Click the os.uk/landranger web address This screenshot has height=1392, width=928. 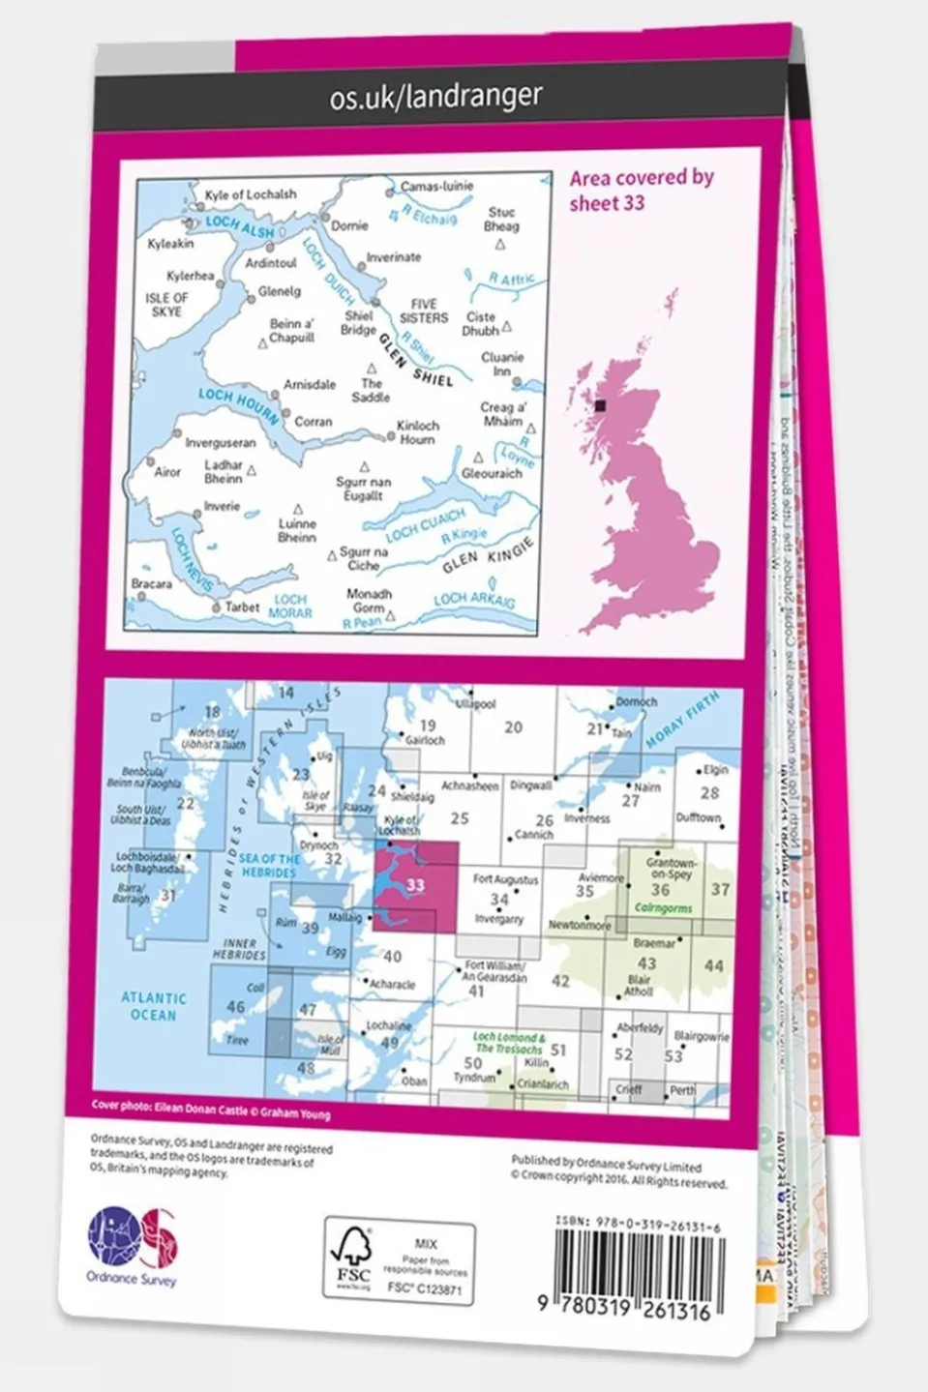[435, 97]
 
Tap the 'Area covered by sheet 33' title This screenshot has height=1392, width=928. [641, 190]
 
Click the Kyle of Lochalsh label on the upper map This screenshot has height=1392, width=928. [251, 194]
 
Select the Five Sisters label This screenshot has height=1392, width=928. [424, 311]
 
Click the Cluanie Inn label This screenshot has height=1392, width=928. [502, 364]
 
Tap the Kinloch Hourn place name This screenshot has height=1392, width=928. [418, 431]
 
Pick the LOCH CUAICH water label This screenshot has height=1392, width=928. [425, 525]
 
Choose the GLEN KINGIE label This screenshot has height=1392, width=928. [488, 555]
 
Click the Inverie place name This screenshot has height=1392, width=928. [222, 506]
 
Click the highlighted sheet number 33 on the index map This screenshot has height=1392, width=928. [416, 884]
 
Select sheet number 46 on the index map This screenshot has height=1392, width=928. [235, 1007]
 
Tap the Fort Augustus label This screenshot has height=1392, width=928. [505, 879]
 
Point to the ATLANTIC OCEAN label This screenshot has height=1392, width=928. [153, 1006]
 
